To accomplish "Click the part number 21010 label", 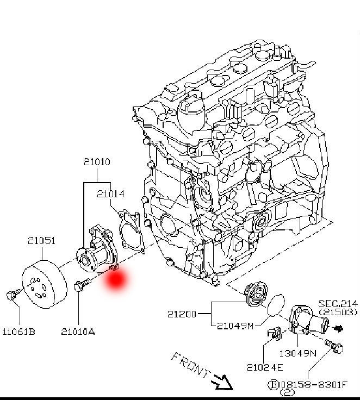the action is click(97, 162).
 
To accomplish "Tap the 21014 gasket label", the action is click(110, 194).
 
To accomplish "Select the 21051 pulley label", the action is click(41, 241).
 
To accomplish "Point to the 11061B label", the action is click(19, 332).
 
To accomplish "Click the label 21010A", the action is click(78, 332).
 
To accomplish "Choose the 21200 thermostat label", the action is click(182, 314).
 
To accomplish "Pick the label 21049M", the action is click(235, 326).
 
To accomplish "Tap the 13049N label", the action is click(297, 353).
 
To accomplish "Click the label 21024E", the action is click(265, 367).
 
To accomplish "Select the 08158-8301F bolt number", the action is click(314, 384).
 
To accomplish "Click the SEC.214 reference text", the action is click(338, 304).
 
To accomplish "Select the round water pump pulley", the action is click(45, 284).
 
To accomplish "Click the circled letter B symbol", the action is click(274, 384).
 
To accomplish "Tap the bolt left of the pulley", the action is click(13, 294).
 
